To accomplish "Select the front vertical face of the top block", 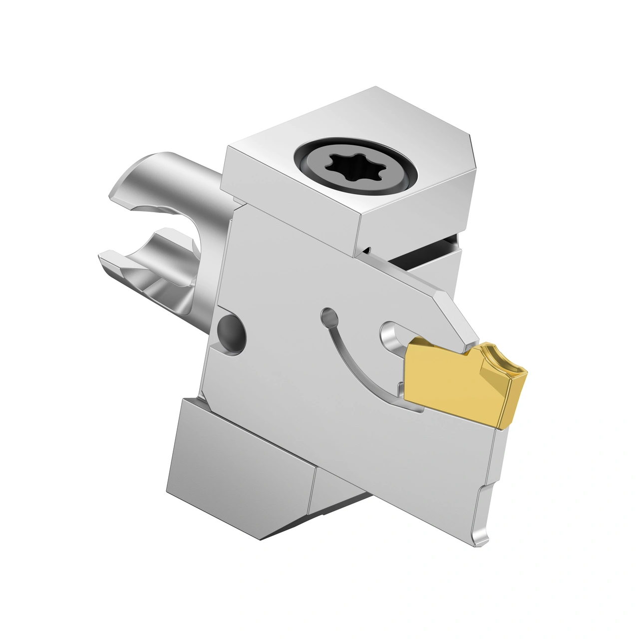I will [290, 200].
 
